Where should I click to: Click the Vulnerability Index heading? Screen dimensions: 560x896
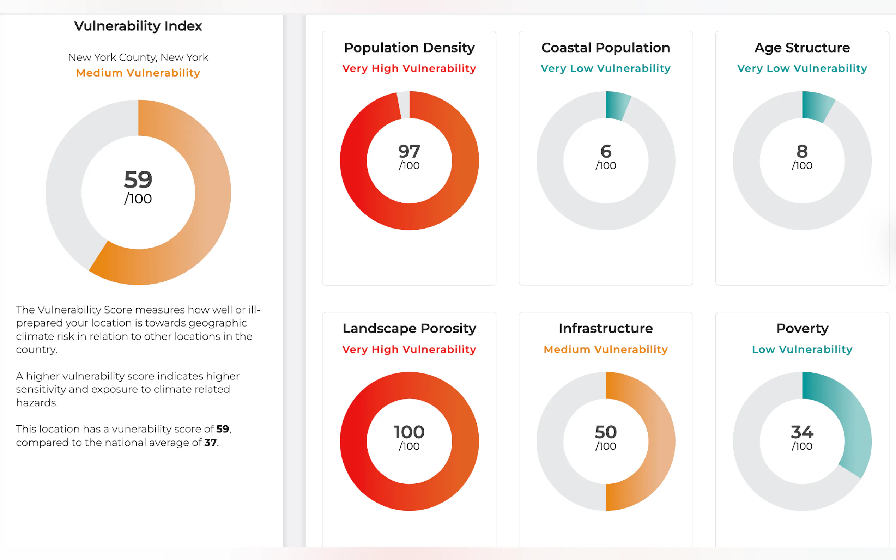138,26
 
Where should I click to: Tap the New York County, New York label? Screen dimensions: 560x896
138,57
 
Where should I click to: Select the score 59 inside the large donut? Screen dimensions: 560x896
138,179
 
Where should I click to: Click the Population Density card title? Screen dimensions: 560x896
409,48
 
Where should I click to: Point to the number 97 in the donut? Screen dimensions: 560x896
409,151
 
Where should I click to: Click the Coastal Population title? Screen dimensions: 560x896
606,48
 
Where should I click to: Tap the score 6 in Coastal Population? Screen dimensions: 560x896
606,151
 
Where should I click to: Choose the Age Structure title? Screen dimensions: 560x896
802,48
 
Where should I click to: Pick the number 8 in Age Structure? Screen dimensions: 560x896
802,151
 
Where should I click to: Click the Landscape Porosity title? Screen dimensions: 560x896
409,329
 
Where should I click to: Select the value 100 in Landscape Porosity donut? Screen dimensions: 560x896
409,432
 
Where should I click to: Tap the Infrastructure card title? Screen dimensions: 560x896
606,329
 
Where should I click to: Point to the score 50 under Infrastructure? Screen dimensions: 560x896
606,432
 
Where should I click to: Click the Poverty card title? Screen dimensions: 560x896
802,329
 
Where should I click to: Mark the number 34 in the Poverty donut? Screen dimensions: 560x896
802,432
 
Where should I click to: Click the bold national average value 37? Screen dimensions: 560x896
210,442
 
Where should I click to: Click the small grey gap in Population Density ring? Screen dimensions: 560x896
404,105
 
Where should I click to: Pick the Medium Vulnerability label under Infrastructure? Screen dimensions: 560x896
606,349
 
